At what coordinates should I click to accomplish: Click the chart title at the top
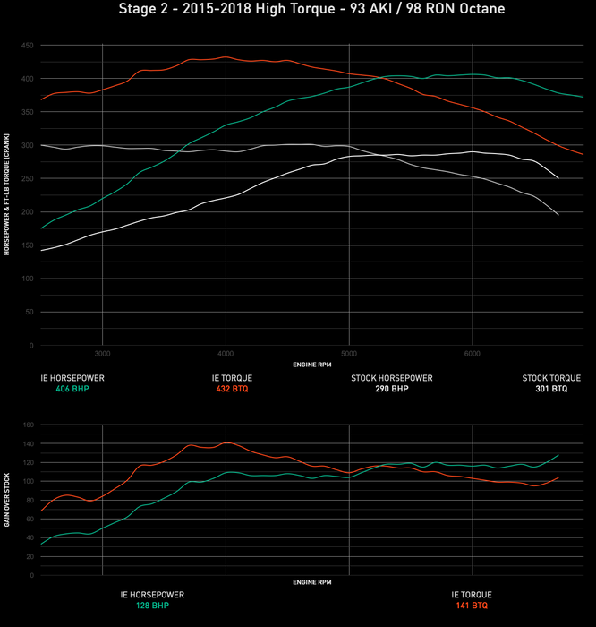pyautogui.click(x=298, y=10)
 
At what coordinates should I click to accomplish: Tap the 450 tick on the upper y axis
pyautogui.click(x=28, y=45)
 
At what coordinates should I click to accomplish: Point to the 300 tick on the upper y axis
pyautogui.click(x=28, y=145)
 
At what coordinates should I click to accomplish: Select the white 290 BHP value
pyautogui.click(x=391, y=390)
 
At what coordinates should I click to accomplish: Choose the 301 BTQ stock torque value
pyautogui.click(x=551, y=390)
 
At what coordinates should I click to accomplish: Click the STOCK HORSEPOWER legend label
pyautogui.click(x=391, y=378)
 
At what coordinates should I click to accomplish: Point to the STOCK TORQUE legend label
pyautogui.click(x=551, y=378)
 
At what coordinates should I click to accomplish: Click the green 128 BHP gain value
pyautogui.click(x=152, y=606)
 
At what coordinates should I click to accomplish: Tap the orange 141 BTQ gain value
pyautogui.click(x=469, y=606)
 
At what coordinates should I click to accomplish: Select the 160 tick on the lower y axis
pyautogui.click(x=28, y=425)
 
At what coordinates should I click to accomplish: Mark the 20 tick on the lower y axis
pyautogui.click(x=30, y=556)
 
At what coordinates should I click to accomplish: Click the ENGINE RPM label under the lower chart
pyautogui.click(x=311, y=582)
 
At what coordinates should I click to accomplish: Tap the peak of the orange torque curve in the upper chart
pyautogui.click(x=225, y=57)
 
